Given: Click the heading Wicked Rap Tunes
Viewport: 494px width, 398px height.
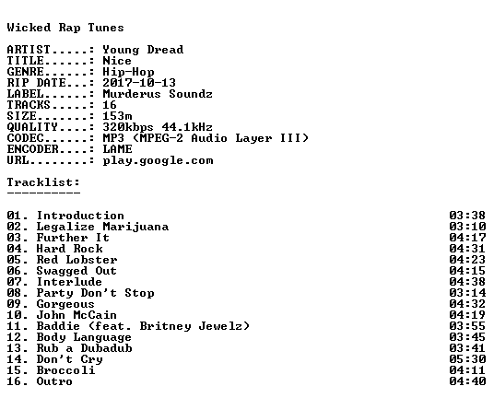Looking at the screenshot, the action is click(65, 28).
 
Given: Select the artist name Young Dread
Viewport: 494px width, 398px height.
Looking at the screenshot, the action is click(143, 50).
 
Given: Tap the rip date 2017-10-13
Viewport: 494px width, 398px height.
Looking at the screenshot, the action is click(139, 83).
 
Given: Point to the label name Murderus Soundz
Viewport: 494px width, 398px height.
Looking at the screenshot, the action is click(158, 94).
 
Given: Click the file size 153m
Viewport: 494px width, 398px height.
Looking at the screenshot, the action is click(117, 116).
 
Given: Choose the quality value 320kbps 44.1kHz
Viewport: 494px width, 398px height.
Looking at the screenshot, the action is click(158, 127).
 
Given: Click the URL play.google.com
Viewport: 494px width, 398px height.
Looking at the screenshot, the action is click(158, 160).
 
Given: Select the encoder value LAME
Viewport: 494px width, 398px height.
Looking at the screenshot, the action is click(117, 149).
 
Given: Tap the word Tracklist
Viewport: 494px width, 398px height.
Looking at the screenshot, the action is click(41, 182).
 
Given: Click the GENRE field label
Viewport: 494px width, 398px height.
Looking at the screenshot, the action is click(25, 72).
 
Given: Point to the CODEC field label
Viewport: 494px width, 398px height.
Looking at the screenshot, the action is click(25, 138).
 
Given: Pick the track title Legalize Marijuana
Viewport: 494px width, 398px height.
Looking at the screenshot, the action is click(102, 227).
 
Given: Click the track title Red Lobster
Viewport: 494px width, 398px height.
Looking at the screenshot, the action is click(76, 260).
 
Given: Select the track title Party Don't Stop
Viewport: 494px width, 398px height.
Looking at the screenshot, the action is click(96, 293).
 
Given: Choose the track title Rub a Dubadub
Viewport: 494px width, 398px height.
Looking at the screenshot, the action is click(84, 348).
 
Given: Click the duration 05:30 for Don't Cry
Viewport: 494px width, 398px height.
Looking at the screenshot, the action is click(467, 359).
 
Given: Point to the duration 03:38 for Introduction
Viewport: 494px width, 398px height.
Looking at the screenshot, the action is click(467, 216).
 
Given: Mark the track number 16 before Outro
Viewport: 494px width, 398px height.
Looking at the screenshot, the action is click(14, 381).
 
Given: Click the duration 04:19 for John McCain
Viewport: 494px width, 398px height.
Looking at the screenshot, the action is click(467, 315).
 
